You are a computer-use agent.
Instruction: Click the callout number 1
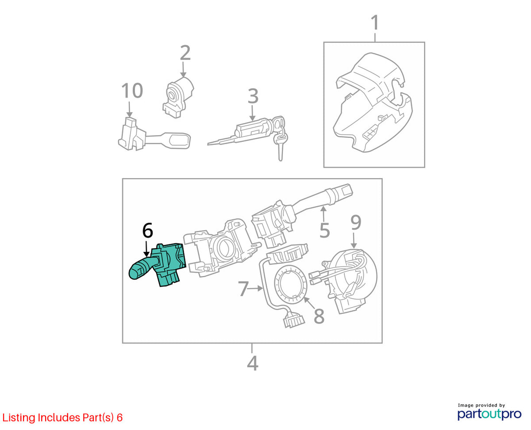click(375, 23)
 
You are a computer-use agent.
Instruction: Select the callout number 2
click(185, 53)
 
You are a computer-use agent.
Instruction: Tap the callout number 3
click(253, 96)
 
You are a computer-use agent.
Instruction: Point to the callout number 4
click(253, 364)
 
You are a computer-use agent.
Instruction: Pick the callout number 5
click(325, 231)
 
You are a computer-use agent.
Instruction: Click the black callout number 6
click(148, 230)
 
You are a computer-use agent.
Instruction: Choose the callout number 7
click(243, 288)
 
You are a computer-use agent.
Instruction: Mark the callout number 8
click(319, 316)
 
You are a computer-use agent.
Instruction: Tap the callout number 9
click(356, 223)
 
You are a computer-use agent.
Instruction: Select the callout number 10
click(132, 91)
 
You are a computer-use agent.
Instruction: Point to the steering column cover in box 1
click(373, 102)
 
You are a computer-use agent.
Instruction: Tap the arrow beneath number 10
click(129, 109)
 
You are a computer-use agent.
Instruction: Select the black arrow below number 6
click(146, 249)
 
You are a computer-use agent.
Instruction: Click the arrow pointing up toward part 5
click(323, 214)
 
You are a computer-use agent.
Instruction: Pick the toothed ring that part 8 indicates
click(291, 284)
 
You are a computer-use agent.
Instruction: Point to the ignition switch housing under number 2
click(178, 98)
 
